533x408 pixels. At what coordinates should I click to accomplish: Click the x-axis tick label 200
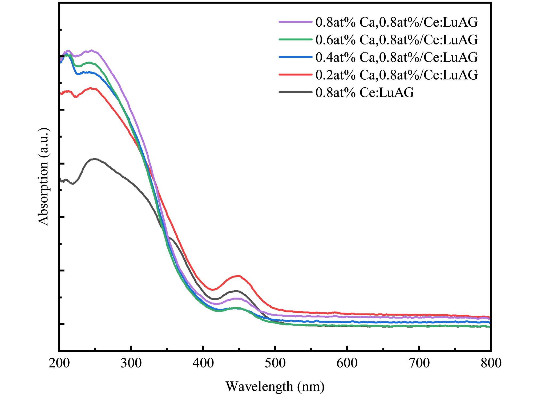(59, 363)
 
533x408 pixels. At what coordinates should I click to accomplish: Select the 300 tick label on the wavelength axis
(131, 363)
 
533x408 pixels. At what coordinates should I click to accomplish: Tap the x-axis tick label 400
(203, 363)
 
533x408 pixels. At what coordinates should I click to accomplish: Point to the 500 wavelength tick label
(275, 363)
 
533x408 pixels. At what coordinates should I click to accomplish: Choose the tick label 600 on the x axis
(347, 363)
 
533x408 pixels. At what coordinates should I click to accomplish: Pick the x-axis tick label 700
(419, 363)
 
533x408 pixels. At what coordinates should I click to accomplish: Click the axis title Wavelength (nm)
(275, 386)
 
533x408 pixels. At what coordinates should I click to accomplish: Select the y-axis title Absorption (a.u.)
(43, 177)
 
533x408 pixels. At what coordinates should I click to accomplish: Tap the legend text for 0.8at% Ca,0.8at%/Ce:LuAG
(397, 22)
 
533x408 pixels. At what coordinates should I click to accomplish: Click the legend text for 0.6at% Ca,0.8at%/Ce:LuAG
(397, 40)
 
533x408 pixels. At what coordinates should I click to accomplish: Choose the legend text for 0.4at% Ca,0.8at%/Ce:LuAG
(397, 58)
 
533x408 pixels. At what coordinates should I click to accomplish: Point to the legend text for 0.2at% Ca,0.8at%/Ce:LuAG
(397, 75)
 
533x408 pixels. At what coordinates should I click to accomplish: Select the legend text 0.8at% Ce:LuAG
(365, 93)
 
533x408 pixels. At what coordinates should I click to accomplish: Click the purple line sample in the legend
(295, 22)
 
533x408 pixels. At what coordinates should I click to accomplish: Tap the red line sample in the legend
(295, 75)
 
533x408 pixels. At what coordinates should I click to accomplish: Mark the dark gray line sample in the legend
(295, 92)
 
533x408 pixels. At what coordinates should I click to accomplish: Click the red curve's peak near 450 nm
(238, 276)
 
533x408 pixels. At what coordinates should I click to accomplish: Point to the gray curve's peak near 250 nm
(94, 159)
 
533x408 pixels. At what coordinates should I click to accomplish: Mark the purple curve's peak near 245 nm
(91, 50)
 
